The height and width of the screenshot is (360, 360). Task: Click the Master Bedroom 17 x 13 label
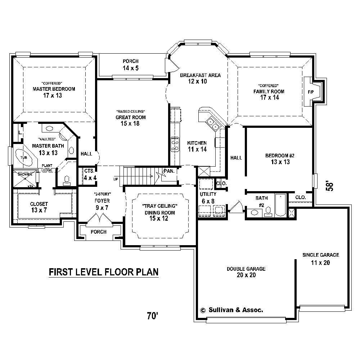coord(54,92)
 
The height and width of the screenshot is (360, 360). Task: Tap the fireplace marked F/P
coord(311,92)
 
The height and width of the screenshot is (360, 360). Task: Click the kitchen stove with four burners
coord(175,144)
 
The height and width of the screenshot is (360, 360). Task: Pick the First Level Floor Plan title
coord(103,272)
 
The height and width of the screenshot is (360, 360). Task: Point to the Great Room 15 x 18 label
coord(130,120)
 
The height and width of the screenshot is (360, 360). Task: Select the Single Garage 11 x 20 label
coord(320,259)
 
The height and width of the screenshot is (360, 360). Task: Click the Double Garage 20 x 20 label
coord(246,272)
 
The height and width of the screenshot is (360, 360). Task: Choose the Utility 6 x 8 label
coord(208,198)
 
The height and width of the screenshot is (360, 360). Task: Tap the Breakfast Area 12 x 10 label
coord(195,78)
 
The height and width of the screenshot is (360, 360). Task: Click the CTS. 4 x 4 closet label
coord(89,174)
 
